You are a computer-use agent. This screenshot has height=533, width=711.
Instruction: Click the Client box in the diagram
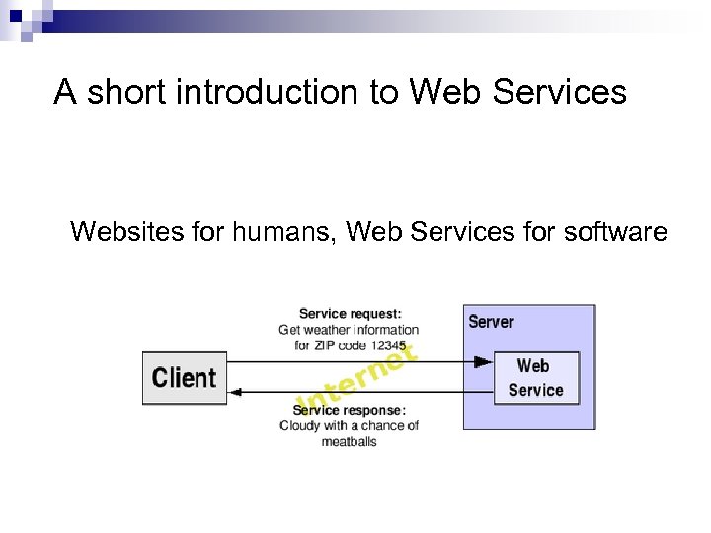[185, 378]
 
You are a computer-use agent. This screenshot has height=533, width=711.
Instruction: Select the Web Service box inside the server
[535, 378]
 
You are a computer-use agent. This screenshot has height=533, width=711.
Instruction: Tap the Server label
[491, 322]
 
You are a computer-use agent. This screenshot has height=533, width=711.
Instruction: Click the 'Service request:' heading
[351, 315]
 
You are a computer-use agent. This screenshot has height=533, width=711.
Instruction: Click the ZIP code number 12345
[387, 345]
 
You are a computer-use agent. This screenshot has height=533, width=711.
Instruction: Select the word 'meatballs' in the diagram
[349, 441]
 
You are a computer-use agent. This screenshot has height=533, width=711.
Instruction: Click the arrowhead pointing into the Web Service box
[483, 362]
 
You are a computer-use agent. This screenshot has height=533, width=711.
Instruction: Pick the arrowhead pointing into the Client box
[237, 393]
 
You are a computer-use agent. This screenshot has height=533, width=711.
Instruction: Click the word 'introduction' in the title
[274, 92]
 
